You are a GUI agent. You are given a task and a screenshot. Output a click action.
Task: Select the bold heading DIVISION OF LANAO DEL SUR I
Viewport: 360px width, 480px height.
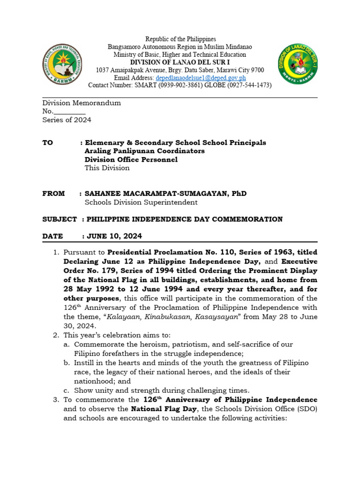click(180, 62)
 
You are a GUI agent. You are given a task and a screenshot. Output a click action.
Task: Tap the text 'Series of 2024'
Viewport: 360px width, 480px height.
click(67, 120)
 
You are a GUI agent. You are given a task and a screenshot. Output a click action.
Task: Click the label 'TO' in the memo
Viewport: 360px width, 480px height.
click(48, 142)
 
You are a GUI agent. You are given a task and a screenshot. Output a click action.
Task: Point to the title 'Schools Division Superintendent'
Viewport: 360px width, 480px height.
click(141, 202)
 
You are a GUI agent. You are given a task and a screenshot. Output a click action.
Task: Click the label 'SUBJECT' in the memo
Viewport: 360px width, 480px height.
click(59, 219)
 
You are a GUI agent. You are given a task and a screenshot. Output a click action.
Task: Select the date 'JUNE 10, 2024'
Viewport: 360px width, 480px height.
click(114, 236)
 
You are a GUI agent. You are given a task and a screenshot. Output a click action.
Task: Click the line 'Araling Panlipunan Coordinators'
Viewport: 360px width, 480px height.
click(144, 151)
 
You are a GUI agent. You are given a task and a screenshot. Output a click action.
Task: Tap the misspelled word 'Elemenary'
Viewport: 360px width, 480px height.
click(104, 142)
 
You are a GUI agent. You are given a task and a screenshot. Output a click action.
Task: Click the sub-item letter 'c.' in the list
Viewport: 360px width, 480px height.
click(67, 390)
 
